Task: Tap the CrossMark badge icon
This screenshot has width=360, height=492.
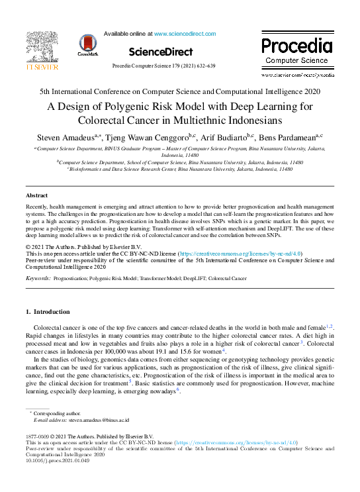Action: coord(87,45)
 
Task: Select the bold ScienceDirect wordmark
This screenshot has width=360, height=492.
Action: coord(160,52)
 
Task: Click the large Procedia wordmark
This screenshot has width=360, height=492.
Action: coord(296,46)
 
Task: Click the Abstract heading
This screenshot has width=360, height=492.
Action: coord(36,196)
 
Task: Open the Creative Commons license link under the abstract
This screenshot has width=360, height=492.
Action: coord(242,254)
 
